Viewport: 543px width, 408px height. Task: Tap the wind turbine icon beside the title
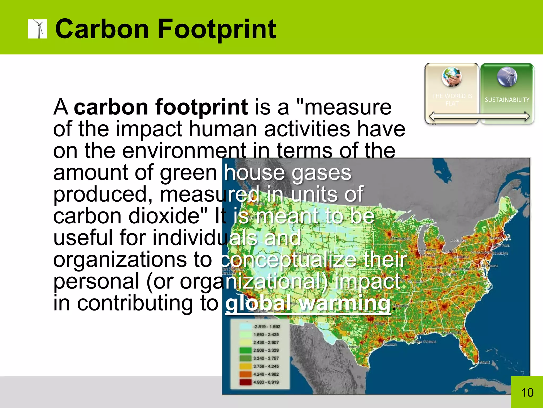pyautogui.click(x=37, y=29)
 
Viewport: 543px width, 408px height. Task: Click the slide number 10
pyautogui.click(x=527, y=393)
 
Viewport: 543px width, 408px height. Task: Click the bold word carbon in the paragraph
pyautogui.click(x=111, y=107)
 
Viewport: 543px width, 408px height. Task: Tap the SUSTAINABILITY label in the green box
pyautogui.click(x=507, y=100)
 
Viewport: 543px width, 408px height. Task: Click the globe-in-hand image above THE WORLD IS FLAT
pyautogui.click(x=452, y=77)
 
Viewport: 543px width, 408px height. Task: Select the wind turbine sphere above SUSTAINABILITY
pyautogui.click(x=507, y=77)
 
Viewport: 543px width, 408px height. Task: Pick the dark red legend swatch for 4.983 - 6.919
pyautogui.click(x=245, y=382)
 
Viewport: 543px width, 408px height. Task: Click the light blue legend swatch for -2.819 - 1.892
pyautogui.click(x=245, y=327)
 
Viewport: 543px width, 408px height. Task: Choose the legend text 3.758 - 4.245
pyautogui.click(x=266, y=366)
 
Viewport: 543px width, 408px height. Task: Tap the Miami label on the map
pyautogui.click(x=484, y=362)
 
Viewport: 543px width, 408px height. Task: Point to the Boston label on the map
pyautogui.click(x=495, y=238)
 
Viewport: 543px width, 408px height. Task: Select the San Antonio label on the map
pyautogui.click(x=349, y=347)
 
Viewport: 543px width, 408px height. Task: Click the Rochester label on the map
pyautogui.click(x=458, y=240)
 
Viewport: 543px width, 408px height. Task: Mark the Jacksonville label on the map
pyautogui.click(x=451, y=333)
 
